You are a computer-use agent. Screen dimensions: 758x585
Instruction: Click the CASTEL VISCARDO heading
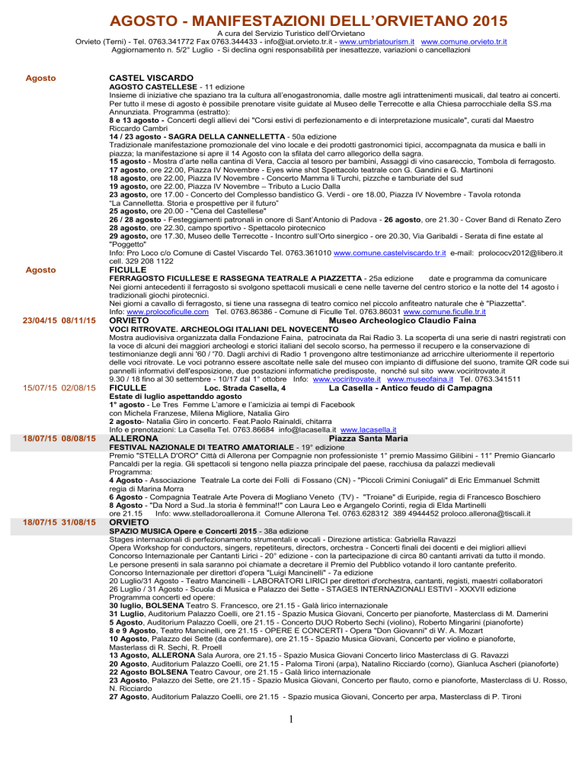click(159, 78)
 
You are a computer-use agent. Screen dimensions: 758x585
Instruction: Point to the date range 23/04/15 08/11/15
click(53, 320)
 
